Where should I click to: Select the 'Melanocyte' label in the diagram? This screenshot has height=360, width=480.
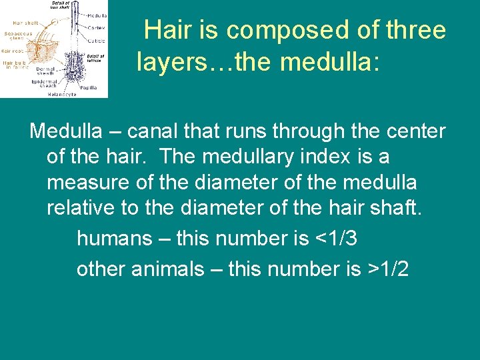(x=62, y=94)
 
